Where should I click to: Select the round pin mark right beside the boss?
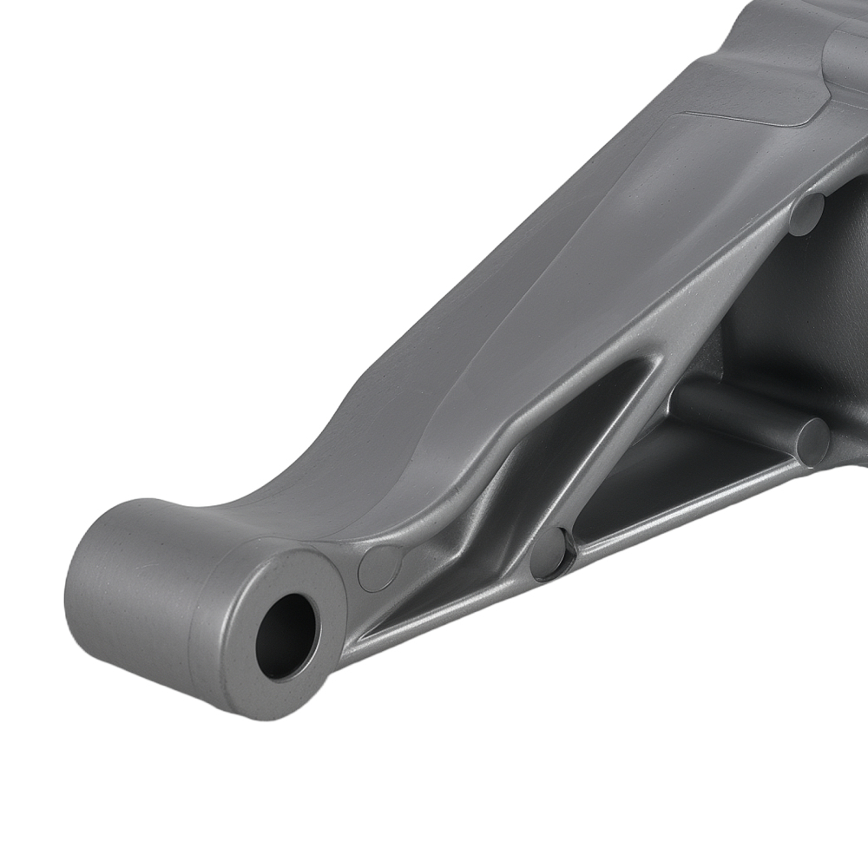click(379, 569)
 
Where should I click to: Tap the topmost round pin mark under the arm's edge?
click(806, 214)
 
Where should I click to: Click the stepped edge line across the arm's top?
click(746, 116)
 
